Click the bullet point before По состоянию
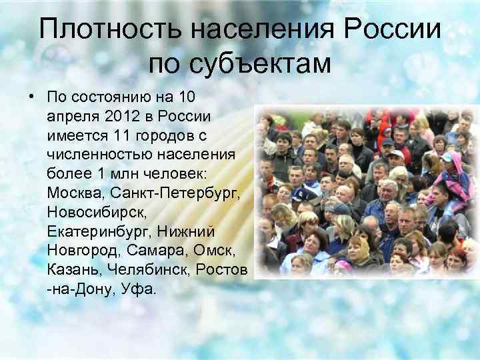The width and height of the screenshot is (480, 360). pos(31,97)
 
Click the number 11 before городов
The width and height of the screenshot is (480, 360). pos(121,135)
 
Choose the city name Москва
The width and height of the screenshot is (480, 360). pos(75,193)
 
